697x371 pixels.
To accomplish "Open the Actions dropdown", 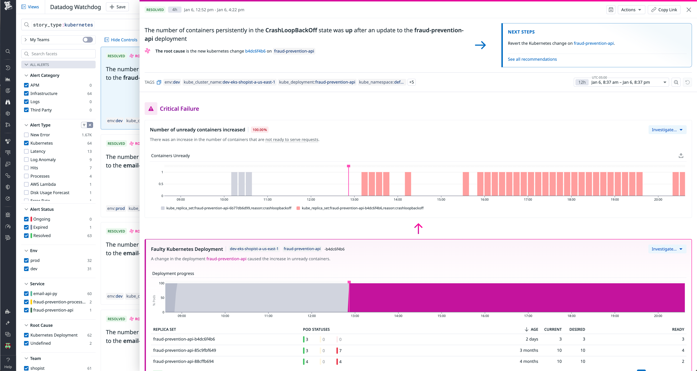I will tap(631, 10).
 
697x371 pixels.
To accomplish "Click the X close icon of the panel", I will tap(689, 10).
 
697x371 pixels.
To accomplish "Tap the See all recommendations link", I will tap(532, 59).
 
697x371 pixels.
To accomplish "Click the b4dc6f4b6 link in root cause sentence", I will tap(255, 51).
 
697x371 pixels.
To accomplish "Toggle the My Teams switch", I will tap(88, 40).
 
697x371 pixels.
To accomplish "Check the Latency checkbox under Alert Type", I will tap(26, 151).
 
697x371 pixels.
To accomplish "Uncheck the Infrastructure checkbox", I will tap(26, 94).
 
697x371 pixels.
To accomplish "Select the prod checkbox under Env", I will tap(26, 260).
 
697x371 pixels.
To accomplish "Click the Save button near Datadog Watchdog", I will tap(117, 7).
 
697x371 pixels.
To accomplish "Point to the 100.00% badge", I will tap(259, 130).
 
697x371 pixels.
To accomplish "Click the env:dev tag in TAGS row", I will tap(172, 82).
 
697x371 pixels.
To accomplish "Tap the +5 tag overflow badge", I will tap(411, 82).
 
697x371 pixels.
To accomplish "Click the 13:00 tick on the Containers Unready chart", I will tap(354, 199).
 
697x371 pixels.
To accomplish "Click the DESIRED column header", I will tap(577, 329).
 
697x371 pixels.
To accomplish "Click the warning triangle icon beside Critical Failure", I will tap(151, 109).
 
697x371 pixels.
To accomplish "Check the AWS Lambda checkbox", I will tap(26, 184).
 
